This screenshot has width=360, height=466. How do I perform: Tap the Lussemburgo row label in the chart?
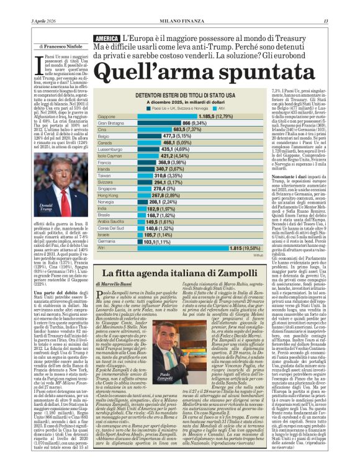(x=110, y=150)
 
